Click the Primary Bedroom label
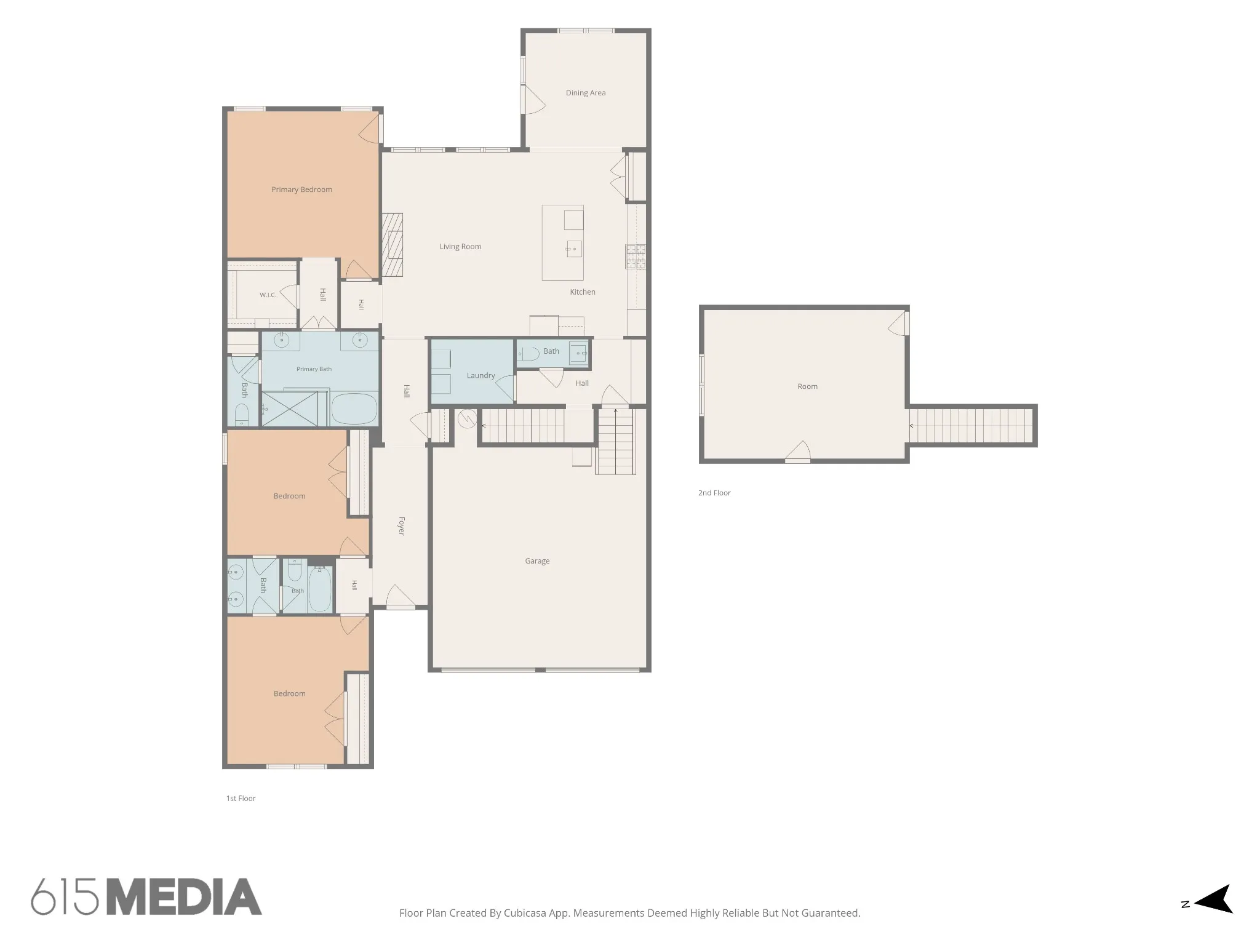tap(301, 189)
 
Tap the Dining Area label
tap(586, 93)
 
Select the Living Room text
tap(460, 247)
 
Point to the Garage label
tap(537, 561)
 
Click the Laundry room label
tap(480, 375)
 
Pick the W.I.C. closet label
tap(268, 295)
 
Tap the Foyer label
tap(401, 526)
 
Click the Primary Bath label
tap(314, 369)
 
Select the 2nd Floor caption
tap(714, 493)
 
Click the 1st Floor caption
tap(241, 799)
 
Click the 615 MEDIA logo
tap(146, 896)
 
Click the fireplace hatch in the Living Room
tap(392, 245)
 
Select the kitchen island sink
tap(574, 249)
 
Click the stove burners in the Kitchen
tap(636, 257)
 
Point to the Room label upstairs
tap(807, 386)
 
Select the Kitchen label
tap(583, 292)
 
